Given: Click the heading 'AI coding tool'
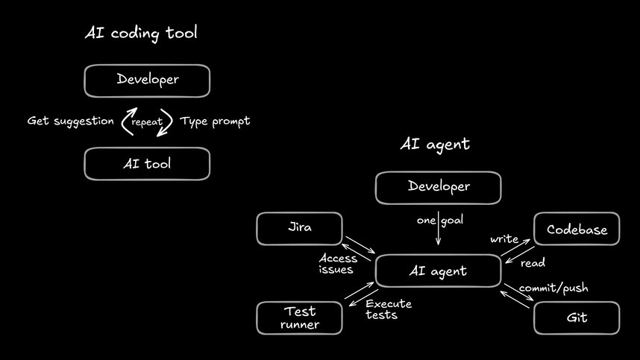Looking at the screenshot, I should [142, 33].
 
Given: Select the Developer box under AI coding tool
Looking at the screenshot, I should [147, 80].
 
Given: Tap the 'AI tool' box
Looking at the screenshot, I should [147, 163].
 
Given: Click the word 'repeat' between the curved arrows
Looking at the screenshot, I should [147, 121].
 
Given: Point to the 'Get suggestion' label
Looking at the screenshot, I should [71, 121].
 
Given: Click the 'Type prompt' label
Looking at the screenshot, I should [215, 121].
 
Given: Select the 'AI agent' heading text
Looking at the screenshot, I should [435, 145].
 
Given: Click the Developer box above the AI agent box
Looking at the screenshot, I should [438, 187].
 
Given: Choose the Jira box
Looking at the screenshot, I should [299, 229].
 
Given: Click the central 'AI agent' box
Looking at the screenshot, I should [438, 271].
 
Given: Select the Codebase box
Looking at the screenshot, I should [577, 230].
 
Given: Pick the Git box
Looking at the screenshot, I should [577, 318].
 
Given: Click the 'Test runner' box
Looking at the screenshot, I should [299, 318].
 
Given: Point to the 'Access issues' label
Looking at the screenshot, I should [338, 264].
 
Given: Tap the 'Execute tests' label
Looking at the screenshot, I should [388, 309].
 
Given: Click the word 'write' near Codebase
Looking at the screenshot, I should [504, 239].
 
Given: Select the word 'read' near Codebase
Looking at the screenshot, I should [533, 263].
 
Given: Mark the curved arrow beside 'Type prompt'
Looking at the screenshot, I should [168, 121].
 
